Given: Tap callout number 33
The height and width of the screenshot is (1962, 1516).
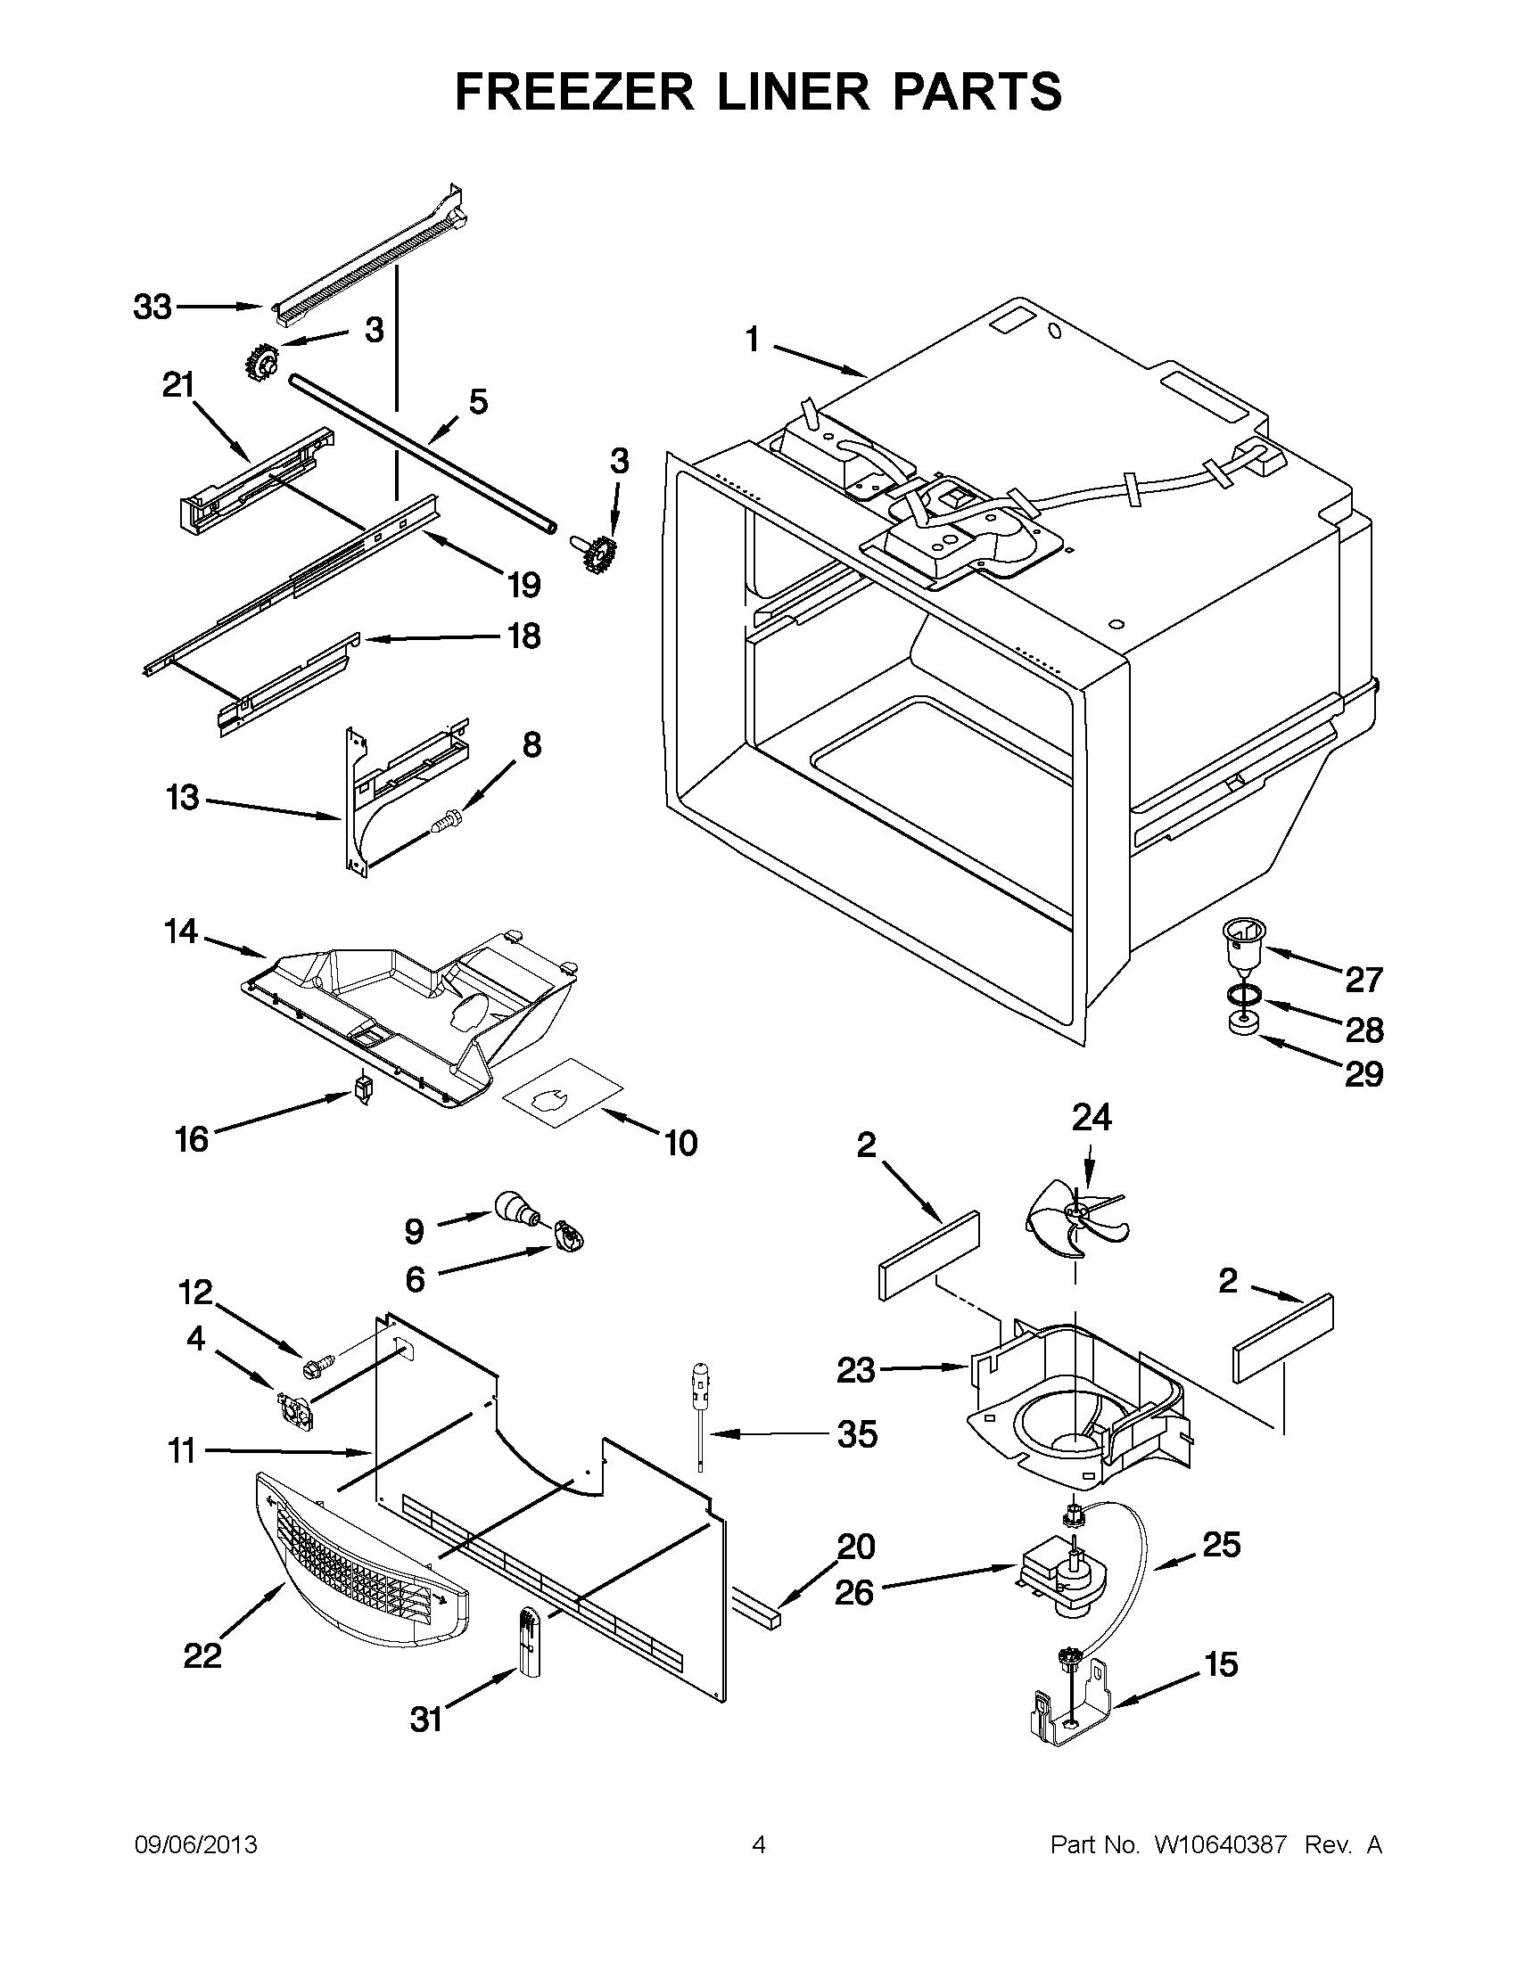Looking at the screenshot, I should click(x=152, y=308).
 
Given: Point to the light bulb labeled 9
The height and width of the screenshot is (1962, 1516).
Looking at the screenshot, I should click(x=515, y=1205).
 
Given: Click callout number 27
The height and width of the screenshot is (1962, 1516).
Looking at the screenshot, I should click(x=1363, y=979).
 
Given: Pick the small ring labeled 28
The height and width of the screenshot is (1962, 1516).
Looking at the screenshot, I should click(x=1243, y=996).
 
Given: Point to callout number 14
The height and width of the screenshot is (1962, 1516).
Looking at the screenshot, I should click(x=181, y=932).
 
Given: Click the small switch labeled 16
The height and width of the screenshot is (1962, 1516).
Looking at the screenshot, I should click(x=364, y=1089).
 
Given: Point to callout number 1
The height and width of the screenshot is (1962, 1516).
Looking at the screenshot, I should click(x=752, y=341).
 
